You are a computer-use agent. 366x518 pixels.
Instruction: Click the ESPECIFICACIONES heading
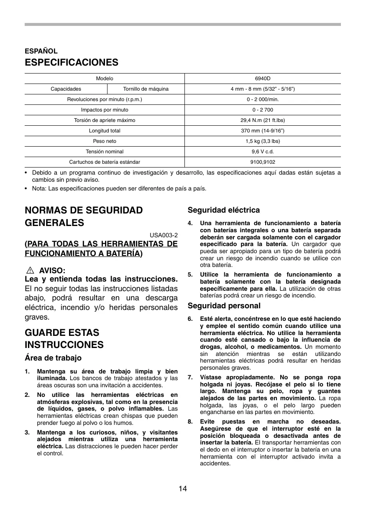coord(72,63)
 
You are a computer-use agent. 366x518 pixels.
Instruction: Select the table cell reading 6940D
coord(263,79)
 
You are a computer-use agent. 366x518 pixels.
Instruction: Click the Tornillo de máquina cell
coord(146,89)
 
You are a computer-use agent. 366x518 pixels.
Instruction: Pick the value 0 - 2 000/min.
coord(263,99)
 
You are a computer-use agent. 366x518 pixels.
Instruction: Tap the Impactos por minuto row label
coord(105,110)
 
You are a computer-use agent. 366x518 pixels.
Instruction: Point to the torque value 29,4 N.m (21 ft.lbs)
coord(263,120)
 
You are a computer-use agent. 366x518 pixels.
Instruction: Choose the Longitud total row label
coord(105,131)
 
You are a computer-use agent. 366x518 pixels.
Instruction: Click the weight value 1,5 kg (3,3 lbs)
coord(263,141)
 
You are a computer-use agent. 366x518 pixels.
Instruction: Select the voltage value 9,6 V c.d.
coord(263,152)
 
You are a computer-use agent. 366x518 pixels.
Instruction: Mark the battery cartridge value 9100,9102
coord(263,162)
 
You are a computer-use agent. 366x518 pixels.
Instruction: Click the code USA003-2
coord(164,235)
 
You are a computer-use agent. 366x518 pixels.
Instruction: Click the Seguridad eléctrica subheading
coord(223,210)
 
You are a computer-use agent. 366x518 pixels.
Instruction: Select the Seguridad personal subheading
coord(224,306)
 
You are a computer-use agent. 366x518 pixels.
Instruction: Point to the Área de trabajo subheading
coord(53,358)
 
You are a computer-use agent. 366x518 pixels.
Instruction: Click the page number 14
coord(182,489)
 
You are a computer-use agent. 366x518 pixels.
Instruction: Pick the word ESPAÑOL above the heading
coord(41,51)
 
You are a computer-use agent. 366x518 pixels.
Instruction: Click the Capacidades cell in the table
coord(66,89)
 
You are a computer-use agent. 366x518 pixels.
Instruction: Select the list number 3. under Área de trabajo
coord(27,432)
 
